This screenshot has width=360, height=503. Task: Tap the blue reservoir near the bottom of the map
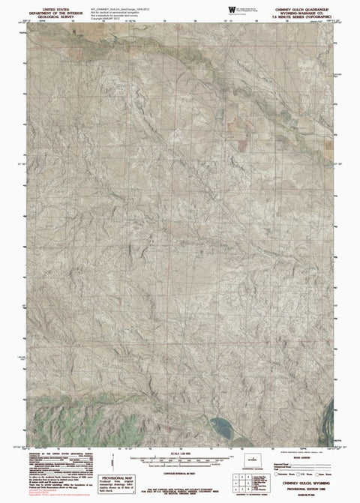click(x=220, y=430)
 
